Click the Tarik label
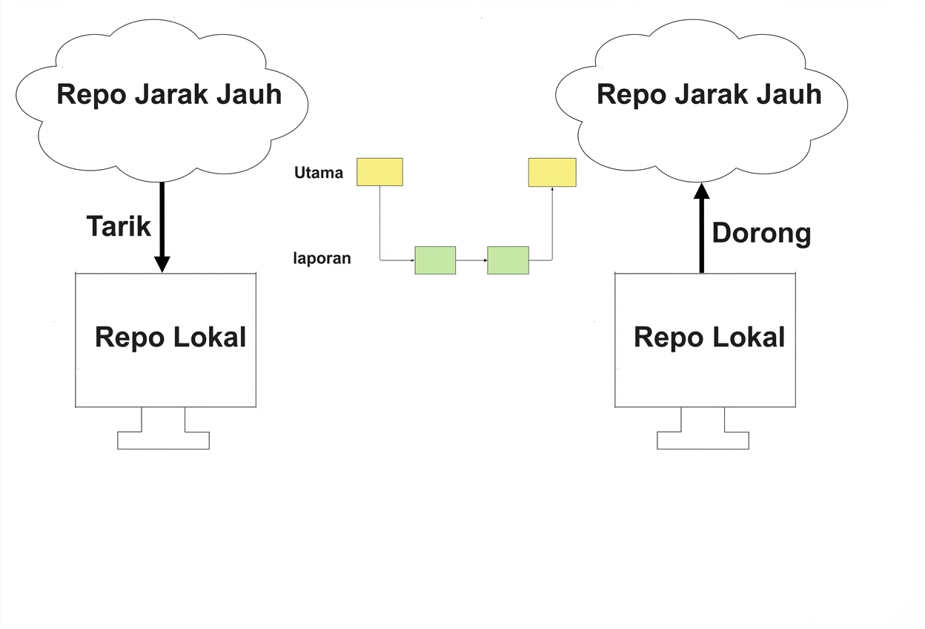point(119,226)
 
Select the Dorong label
point(761,233)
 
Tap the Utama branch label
point(319,173)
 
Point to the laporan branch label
point(322,260)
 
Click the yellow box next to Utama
point(379,172)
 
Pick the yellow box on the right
point(552,172)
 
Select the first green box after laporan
point(435,260)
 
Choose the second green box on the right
point(508,260)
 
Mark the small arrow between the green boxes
point(471,260)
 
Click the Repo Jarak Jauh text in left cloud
point(169,95)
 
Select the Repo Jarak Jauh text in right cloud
point(709,95)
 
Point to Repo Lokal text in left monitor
point(170,337)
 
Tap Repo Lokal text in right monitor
point(709,337)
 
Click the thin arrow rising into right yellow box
point(552,223)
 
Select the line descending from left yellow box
point(379,223)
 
